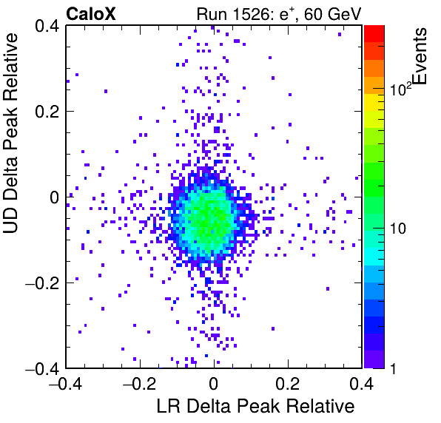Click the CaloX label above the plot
pos(91,14)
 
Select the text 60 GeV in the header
pos(332,14)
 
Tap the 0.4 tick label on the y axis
pos(47,26)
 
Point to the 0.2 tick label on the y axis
pos(47,112)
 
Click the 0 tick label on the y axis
pos(54,197)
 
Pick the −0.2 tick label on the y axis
pos(42,283)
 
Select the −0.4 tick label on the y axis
pos(42,368)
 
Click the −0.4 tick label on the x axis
pos(66,383)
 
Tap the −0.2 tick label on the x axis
pos(140,383)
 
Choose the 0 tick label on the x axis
pos(214,383)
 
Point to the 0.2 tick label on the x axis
pos(288,383)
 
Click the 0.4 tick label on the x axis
pos(362,383)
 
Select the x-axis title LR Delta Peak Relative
pos(255,406)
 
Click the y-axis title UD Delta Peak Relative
pos(10,133)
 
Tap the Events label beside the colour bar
pos(420,56)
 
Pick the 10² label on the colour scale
pos(400,89)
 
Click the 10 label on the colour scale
pos(398,229)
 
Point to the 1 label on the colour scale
pos(393,368)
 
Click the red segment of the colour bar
pos(374,34)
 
